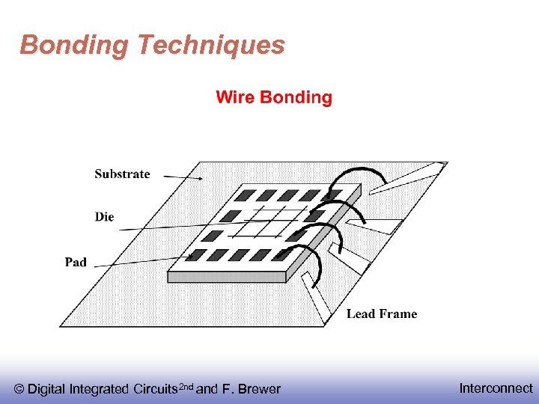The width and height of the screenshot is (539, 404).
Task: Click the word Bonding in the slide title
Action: [x=74, y=46]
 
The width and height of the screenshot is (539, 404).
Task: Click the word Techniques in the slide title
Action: [x=210, y=46]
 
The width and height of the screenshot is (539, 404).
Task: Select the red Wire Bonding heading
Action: [x=274, y=97]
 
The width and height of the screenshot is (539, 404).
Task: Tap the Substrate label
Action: [x=122, y=174]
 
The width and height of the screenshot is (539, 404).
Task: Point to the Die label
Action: [x=105, y=217]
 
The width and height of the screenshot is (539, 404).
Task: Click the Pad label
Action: [x=76, y=262]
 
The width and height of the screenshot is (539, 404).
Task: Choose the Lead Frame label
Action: [x=381, y=313]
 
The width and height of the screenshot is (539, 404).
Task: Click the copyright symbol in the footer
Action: [x=19, y=389]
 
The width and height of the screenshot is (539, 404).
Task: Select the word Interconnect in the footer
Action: [x=496, y=388]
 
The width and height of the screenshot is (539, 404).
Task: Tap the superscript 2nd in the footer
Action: [x=186, y=386]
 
